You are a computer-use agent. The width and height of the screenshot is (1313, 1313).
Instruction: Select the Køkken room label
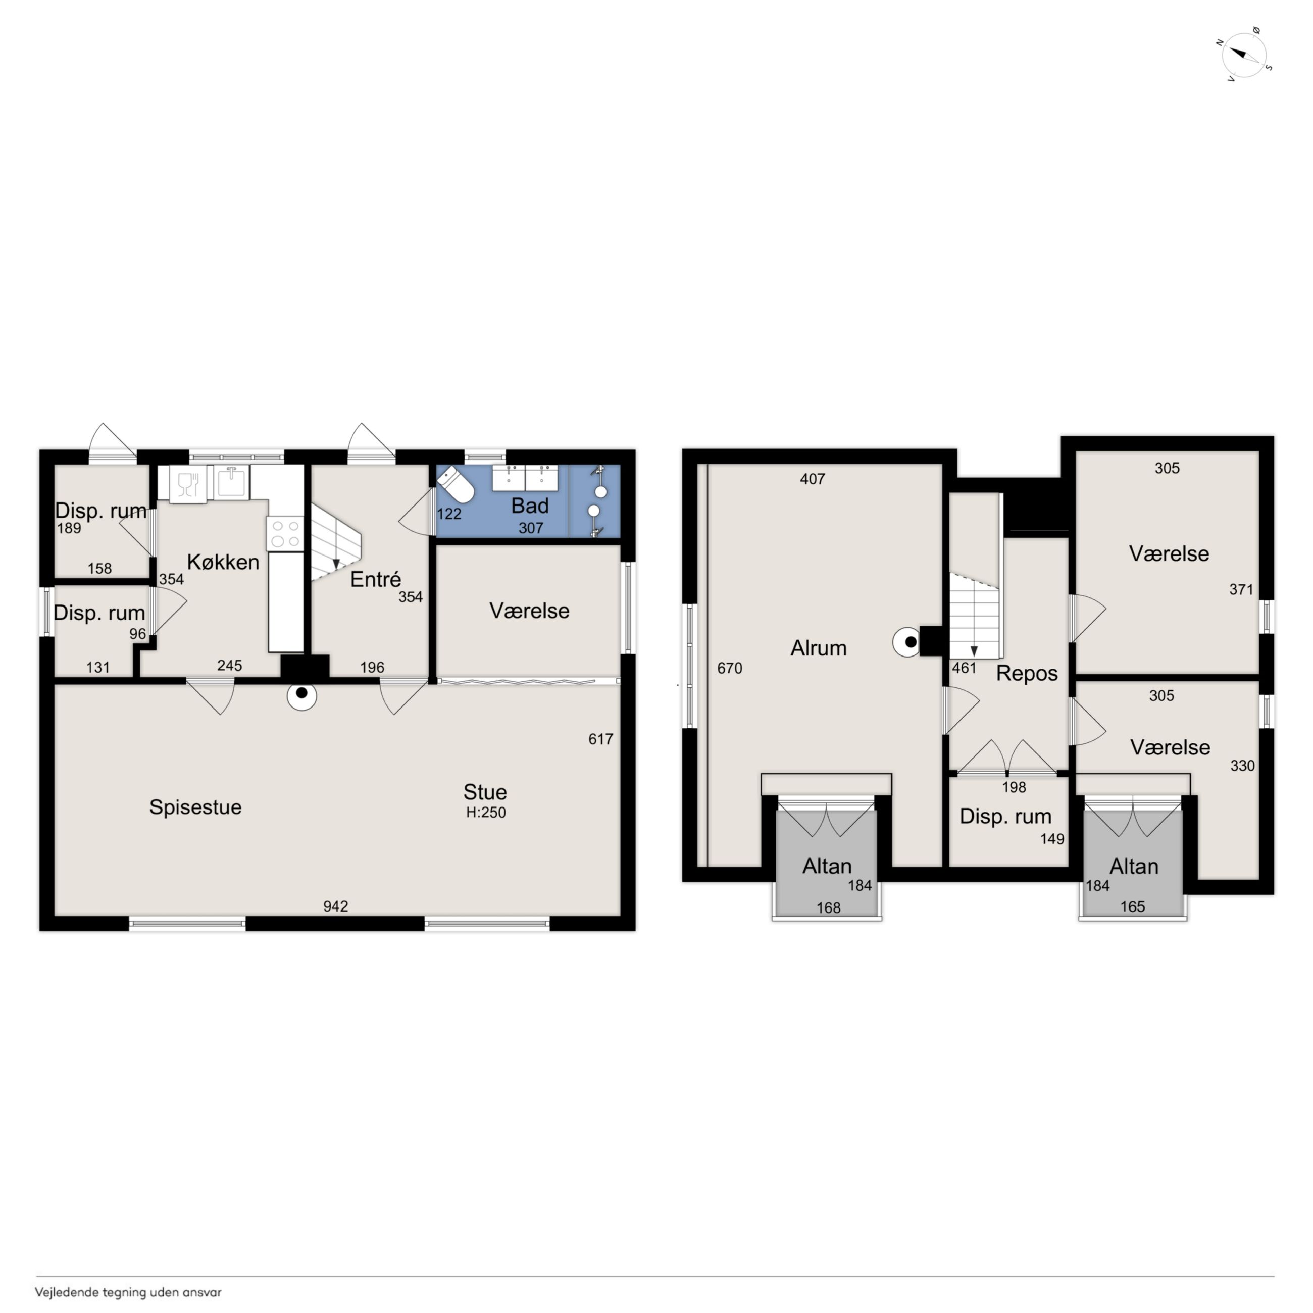[223, 562]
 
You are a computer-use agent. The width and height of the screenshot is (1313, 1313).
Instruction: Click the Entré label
[376, 579]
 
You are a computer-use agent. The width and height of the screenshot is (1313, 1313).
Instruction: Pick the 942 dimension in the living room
[336, 906]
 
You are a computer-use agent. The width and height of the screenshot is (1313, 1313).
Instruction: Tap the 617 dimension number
[601, 739]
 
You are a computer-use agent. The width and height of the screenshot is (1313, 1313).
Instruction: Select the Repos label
[1027, 674]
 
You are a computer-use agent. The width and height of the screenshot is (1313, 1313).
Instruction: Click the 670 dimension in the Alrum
[730, 668]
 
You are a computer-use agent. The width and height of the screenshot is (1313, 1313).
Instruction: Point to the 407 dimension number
[812, 479]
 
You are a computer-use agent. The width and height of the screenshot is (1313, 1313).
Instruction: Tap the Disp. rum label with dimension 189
[100, 511]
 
